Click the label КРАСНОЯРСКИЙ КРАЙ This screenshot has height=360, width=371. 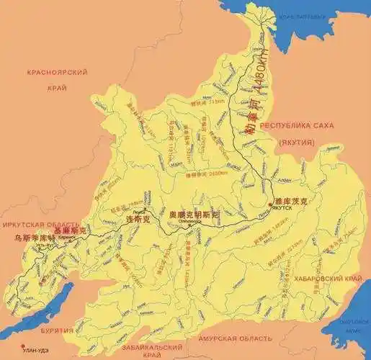click(57, 79)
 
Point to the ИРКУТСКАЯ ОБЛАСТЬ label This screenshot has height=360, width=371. click(40, 225)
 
